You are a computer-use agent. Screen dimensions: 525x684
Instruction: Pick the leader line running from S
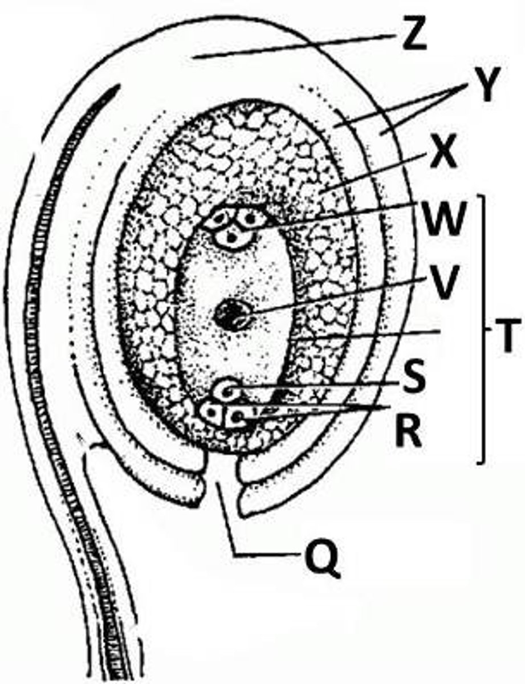[x=319, y=386]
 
